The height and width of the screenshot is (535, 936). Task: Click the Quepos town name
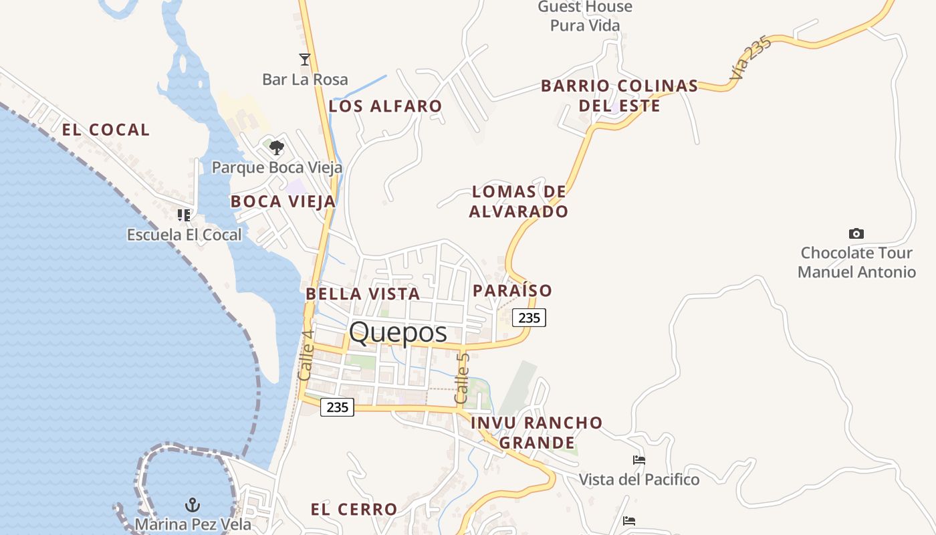point(398,332)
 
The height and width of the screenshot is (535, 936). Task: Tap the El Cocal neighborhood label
point(106,130)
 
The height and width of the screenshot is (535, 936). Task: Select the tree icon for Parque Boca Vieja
point(276,147)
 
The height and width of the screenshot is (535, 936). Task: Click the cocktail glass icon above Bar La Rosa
point(305,60)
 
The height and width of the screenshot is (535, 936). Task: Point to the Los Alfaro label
point(385,106)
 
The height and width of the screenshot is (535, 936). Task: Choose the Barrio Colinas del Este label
point(619,96)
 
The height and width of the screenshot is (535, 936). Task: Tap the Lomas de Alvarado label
point(519,201)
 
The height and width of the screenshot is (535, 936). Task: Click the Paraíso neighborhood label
point(512,290)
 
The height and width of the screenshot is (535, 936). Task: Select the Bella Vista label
point(362,294)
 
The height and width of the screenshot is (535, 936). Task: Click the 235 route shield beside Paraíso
point(529,318)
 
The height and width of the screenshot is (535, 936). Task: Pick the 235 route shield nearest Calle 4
point(337,407)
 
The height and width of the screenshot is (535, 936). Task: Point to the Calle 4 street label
point(306,356)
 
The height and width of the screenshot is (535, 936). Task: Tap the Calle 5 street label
point(462,378)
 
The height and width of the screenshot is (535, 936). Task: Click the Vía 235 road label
point(751,58)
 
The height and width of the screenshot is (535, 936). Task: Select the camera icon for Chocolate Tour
point(856,233)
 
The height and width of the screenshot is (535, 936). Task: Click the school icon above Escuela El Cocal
point(184,215)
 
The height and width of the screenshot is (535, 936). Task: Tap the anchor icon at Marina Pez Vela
point(193,505)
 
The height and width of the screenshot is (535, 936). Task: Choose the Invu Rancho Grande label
point(537,433)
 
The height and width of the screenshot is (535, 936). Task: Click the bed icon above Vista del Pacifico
point(638,460)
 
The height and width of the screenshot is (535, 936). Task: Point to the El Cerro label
point(354,510)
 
